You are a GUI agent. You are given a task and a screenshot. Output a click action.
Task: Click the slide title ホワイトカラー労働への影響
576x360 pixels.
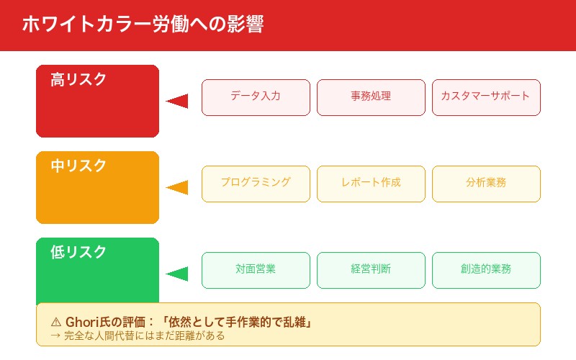[x=143, y=24]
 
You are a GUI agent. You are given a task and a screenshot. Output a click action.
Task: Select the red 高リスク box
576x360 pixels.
[x=97, y=101]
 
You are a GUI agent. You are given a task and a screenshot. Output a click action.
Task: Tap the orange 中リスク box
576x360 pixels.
[x=97, y=187]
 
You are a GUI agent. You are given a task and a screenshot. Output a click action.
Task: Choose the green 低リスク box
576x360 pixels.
[x=97, y=271]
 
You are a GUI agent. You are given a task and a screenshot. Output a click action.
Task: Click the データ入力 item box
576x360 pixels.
[x=256, y=97]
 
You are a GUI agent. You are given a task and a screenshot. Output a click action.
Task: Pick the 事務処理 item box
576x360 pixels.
[x=371, y=97]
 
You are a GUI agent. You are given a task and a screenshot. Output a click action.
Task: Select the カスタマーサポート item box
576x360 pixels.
[x=486, y=97]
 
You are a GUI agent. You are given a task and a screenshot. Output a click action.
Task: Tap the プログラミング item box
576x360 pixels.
[x=256, y=184]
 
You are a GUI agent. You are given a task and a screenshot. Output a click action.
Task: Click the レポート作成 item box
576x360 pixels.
[x=371, y=184]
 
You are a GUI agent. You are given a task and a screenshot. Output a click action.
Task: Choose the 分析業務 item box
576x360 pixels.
[x=486, y=184]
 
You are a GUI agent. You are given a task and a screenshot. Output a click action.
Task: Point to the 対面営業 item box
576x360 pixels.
[x=256, y=270]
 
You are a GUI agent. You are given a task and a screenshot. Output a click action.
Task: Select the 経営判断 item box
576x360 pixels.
[x=371, y=270]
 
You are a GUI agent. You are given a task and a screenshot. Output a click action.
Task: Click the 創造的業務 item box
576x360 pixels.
[x=486, y=270]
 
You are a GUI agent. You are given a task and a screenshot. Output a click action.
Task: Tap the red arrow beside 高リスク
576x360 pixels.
[x=178, y=101]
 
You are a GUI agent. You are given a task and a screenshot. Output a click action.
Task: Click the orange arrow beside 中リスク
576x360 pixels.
[x=178, y=187]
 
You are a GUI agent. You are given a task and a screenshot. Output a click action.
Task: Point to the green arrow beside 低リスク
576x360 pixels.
[x=178, y=274]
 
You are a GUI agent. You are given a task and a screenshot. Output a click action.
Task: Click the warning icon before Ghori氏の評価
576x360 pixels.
[x=56, y=322]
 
